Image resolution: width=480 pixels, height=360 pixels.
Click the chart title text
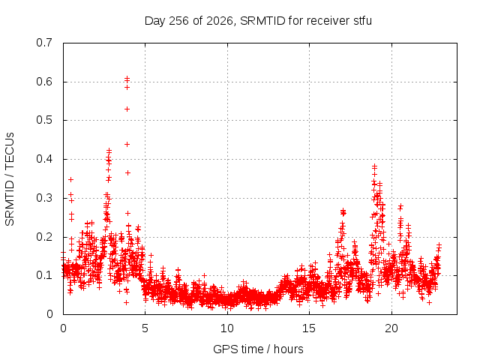[258, 21]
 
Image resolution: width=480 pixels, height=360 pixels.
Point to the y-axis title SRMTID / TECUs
[10, 179]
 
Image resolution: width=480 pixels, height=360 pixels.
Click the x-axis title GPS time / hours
[258, 349]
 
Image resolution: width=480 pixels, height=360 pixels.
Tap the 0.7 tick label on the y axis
[44, 43]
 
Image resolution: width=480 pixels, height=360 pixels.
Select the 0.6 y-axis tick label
[44, 82]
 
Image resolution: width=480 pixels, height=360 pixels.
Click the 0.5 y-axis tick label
[44, 120]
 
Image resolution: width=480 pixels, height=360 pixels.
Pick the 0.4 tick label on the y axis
[44, 159]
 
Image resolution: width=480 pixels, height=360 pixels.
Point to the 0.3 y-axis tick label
[44, 198]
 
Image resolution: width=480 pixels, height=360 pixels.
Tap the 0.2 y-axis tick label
[44, 237]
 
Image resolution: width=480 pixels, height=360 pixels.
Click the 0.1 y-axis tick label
[44, 275]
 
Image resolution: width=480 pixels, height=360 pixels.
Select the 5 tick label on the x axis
[145, 328]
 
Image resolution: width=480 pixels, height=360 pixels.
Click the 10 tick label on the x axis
[227, 328]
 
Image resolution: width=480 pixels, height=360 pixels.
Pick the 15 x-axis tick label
[309, 328]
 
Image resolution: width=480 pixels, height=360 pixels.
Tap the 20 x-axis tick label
[391, 328]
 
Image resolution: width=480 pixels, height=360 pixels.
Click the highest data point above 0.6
[127, 78]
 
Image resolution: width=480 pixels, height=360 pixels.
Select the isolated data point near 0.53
[127, 109]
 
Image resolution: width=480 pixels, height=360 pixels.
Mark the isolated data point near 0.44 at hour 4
[127, 144]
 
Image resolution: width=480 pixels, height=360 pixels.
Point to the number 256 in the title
[179, 21]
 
